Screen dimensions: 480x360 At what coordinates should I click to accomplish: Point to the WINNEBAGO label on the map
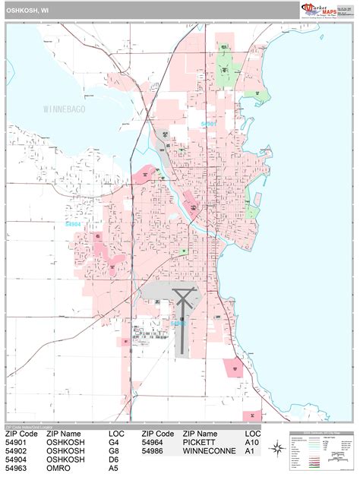click(65, 109)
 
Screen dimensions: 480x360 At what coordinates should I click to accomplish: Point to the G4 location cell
click(114, 441)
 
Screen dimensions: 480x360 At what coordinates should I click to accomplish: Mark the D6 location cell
click(114, 459)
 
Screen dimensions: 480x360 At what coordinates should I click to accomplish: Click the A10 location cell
click(252, 441)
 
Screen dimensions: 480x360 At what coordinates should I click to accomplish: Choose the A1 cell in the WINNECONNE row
click(250, 450)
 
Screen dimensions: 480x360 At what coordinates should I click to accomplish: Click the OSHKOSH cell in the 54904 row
click(65, 459)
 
